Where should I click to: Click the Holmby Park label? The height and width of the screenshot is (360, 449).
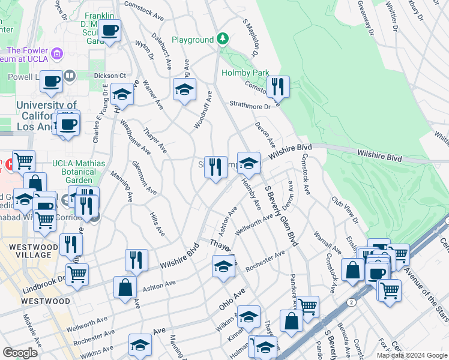pyautogui.click(x=246, y=73)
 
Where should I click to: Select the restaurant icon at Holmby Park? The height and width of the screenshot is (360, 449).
pyautogui.click(x=277, y=86)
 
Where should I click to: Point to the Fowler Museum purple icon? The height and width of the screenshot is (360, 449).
pyautogui.click(x=58, y=54)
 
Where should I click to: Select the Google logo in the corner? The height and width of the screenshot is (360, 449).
pyautogui.click(x=20, y=353)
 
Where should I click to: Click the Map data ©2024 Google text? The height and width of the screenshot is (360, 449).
pyautogui.click(x=411, y=355)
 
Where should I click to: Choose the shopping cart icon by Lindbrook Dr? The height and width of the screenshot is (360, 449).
pyautogui.click(x=77, y=275)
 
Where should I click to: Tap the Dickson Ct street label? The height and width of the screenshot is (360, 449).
pyautogui.click(x=110, y=76)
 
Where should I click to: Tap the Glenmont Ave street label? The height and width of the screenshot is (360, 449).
pyautogui.click(x=145, y=178)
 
